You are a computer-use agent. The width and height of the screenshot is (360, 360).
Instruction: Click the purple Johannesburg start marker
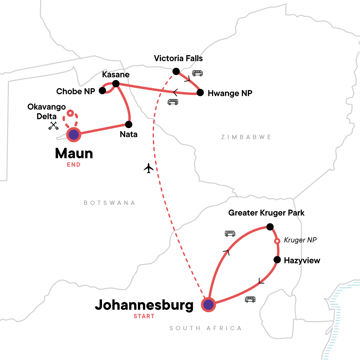tap(208, 305)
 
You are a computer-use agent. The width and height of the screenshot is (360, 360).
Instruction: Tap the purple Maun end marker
tap(74, 135)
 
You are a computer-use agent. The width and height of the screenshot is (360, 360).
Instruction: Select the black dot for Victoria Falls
tap(176, 71)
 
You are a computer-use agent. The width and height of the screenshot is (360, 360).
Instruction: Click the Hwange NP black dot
tap(200, 93)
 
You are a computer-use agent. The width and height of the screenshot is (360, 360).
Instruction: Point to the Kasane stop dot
tap(116, 84)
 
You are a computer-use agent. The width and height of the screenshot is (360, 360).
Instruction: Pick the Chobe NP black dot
tap(103, 91)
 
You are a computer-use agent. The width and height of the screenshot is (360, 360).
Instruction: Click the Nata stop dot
tap(129, 124)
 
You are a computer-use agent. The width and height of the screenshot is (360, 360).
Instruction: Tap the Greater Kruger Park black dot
tap(270, 227)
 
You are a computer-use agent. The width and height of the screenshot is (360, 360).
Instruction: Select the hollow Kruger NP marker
tap(277, 241)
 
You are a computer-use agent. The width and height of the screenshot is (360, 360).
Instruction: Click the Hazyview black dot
tap(277, 260)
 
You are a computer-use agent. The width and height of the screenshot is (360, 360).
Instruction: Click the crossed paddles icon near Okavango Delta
tap(53, 126)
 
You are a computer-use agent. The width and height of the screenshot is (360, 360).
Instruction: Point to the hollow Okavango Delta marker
tap(70, 113)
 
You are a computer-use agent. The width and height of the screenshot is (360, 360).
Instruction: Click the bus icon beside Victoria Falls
tap(197, 73)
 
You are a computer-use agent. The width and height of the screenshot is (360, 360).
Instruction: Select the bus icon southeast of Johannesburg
tap(250, 299)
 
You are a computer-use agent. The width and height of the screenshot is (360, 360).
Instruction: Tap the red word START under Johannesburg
tap(144, 316)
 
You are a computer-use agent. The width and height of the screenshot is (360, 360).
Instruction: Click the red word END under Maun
tap(74, 164)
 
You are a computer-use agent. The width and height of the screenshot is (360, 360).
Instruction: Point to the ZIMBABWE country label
tap(246, 137)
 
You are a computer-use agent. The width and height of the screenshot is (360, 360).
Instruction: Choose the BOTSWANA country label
tap(109, 203)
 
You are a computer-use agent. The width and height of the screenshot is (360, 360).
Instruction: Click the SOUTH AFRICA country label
tap(205, 328)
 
